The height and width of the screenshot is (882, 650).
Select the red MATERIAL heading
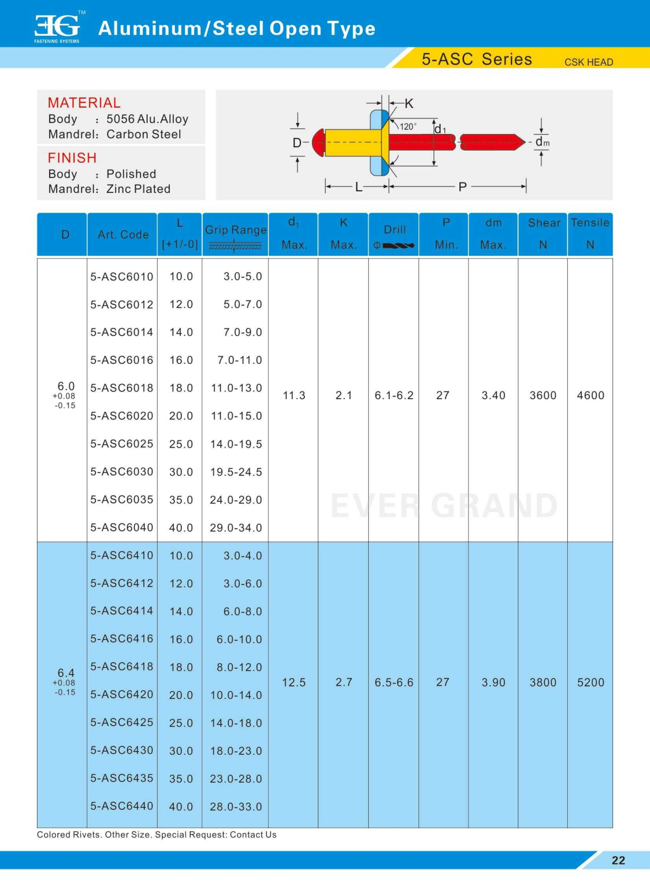click(x=84, y=103)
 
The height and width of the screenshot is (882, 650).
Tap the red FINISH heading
click(x=72, y=158)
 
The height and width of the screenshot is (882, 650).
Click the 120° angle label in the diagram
click(x=408, y=126)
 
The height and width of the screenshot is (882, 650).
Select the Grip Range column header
click(x=235, y=230)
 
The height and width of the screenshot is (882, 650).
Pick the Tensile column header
click(x=590, y=223)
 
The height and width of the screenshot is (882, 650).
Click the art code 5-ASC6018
click(x=122, y=388)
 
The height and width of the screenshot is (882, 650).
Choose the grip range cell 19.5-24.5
click(x=236, y=472)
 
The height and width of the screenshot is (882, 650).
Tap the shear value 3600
click(x=543, y=395)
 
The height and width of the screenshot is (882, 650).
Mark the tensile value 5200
click(x=590, y=682)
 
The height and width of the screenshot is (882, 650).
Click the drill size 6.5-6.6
click(x=394, y=682)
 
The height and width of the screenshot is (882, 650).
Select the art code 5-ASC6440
click(x=122, y=806)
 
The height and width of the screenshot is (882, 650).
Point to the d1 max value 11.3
click(x=294, y=395)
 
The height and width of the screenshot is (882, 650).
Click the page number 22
click(x=619, y=861)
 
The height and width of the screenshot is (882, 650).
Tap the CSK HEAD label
click(x=588, y=62)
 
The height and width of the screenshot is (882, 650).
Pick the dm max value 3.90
click(x=493, y=682)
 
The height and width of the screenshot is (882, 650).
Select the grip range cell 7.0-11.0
click(x=239, y=361)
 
